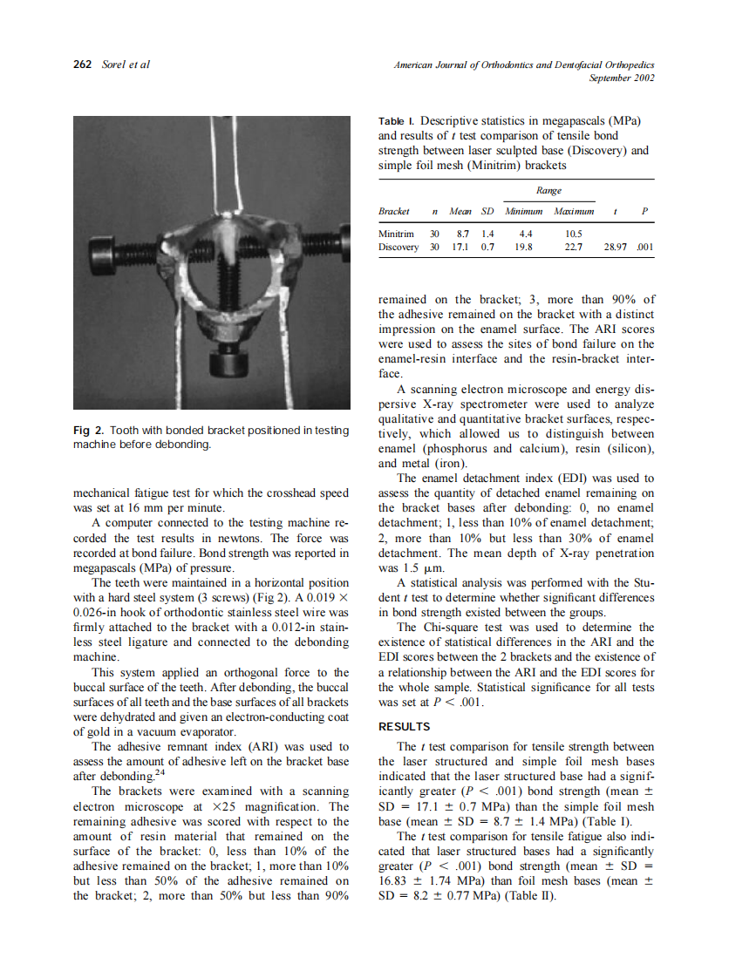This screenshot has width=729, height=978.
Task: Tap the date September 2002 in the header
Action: (622, 78)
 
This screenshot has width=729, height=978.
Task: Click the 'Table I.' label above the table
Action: (396, 119)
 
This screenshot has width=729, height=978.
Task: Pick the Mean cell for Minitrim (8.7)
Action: (461, 234)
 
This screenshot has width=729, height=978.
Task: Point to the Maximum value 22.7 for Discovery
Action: (574, 248)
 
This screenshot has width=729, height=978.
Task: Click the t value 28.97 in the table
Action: (616, 248)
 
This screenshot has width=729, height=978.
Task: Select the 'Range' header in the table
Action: (548, 190)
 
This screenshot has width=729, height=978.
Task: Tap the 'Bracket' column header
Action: (394, 212)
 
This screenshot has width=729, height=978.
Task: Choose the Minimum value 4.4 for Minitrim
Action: (526, 234)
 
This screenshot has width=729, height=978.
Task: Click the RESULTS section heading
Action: (405, 726)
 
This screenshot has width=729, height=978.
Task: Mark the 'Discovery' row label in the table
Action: (399, 248)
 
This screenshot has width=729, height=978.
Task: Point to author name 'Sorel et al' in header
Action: (126, 65)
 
